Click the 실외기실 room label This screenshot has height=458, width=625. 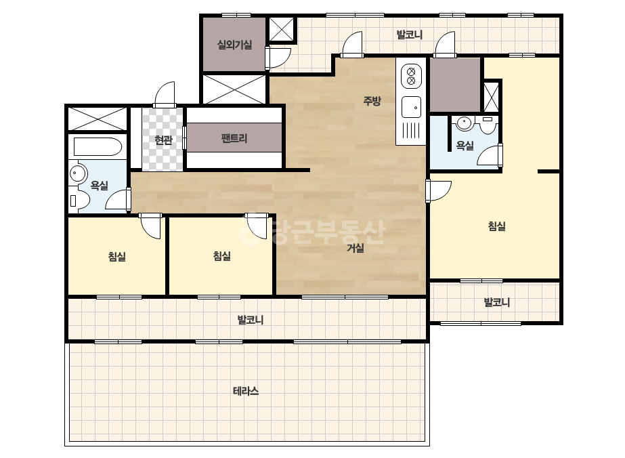234,44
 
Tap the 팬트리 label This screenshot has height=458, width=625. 234,138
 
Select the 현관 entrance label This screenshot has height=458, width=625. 163,140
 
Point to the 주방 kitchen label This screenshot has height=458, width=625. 372,100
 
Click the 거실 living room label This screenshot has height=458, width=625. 355,248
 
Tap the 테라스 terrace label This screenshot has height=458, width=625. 246,391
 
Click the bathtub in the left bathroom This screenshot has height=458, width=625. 98,147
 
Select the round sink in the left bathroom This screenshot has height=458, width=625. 78,173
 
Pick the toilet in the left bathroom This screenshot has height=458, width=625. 79,201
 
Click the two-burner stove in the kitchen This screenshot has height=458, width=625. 411,77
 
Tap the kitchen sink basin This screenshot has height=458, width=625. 411,107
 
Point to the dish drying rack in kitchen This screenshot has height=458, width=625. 411,131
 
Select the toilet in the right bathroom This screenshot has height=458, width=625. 488,125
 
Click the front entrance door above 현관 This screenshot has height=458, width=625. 165,95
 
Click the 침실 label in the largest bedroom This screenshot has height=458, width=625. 496,226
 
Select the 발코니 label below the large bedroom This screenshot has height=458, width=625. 496,302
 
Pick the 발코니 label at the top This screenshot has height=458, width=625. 410,35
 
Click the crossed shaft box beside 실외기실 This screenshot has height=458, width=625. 281,29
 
